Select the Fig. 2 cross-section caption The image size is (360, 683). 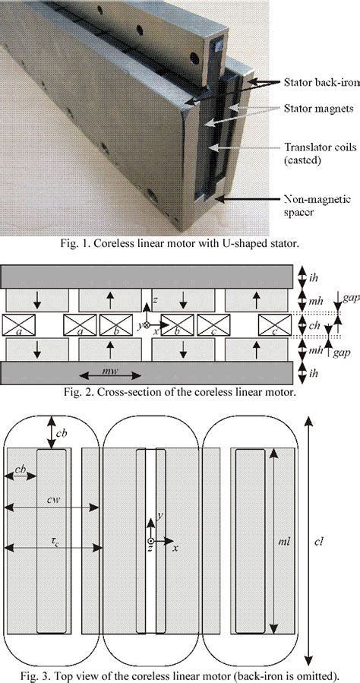[180, 393]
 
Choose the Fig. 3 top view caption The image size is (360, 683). [180, 675]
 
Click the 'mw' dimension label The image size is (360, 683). [109, 374]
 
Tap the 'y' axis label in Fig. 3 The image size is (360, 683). [160, 517]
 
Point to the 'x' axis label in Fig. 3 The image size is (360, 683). [175, 547]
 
